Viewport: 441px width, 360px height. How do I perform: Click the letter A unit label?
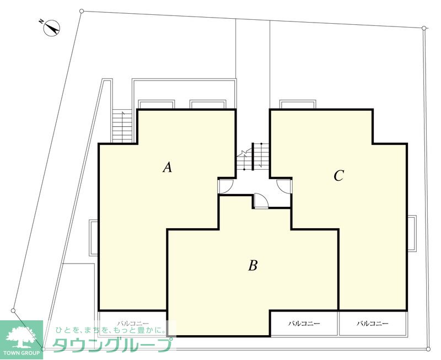168,168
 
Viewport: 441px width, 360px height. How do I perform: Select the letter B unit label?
253,265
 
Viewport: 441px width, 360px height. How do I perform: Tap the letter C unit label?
338,176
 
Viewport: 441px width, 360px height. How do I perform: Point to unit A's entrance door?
225,186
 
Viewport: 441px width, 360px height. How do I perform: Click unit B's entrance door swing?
261,201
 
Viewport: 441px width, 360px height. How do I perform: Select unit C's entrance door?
284,186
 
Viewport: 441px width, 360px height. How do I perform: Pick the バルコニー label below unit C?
373,324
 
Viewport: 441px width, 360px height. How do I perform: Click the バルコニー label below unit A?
133,324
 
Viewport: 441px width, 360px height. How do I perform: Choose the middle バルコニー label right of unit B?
304,324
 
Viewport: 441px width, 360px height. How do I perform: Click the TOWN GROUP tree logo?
21,340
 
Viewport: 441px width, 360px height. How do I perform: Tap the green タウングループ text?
112,345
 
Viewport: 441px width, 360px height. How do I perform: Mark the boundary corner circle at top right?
424,28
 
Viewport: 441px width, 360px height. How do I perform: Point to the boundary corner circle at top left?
82,11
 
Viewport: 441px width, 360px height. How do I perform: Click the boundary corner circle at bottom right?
428,349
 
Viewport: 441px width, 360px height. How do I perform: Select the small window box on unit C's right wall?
412,233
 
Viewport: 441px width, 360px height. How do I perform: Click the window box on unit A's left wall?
93,238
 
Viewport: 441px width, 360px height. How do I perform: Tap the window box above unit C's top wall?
297,104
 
